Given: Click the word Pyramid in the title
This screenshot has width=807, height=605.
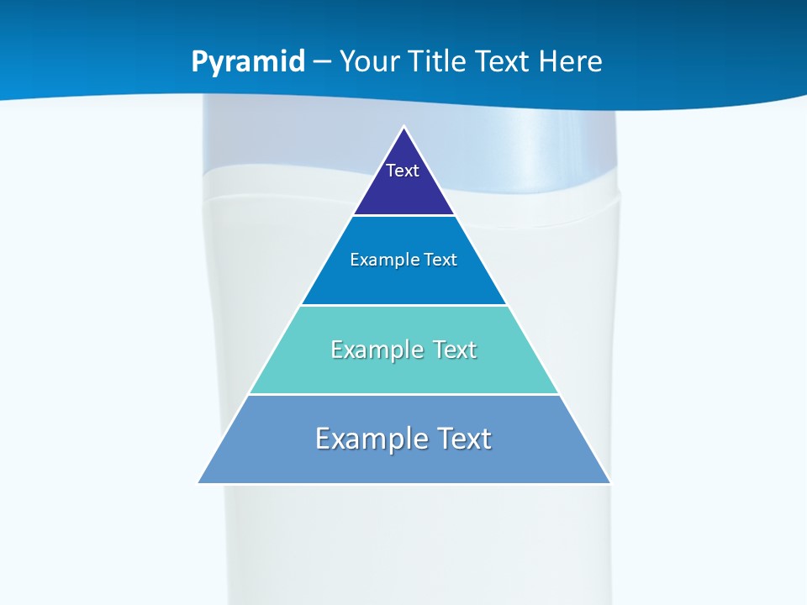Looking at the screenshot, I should coord(248,62).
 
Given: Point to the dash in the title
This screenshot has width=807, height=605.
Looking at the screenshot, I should coord(322,62).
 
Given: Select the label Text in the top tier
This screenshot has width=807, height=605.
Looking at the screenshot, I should coord(403,171).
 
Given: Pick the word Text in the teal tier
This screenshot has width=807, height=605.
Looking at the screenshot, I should coord(454,350).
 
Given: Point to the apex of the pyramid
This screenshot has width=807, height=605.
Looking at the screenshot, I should coord(403,128).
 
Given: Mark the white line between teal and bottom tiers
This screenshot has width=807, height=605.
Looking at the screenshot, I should coord(403,394).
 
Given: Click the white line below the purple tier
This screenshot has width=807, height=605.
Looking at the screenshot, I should coord(403,216).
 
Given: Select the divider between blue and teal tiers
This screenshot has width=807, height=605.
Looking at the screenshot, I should coord(403,305).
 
